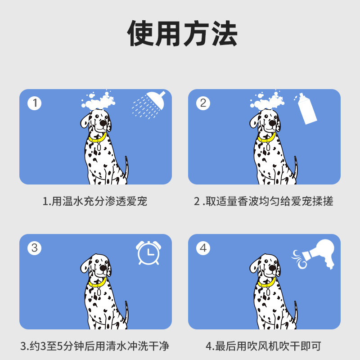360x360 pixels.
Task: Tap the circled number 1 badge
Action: (34, 103)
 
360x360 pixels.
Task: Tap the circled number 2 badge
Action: (203, 103)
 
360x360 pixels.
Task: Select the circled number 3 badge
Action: (34, 248)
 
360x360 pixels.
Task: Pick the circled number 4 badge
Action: (203, 248)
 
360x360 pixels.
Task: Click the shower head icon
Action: (151, 104)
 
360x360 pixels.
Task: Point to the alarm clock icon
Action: (148, 252)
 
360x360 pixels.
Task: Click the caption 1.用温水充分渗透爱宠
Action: (95, 201)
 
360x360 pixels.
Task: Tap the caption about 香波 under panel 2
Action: (264, 201)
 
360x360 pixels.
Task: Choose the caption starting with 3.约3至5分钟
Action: (95, 346)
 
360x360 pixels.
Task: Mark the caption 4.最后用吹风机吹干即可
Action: (264, 346)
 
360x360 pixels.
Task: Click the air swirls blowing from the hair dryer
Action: (299, 259)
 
